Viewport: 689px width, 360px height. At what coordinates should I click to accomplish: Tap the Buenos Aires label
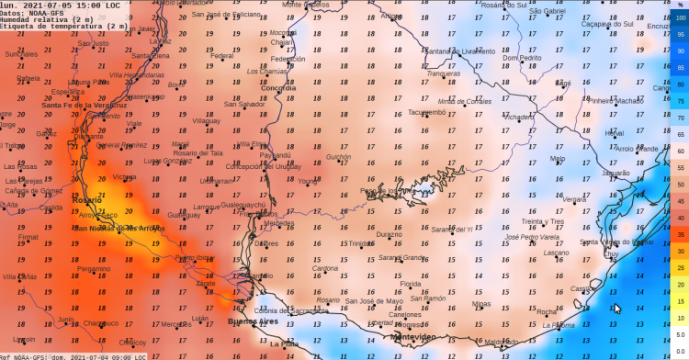[x=253, y=322]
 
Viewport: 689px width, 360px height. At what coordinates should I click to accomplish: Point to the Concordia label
[x=266, y=87]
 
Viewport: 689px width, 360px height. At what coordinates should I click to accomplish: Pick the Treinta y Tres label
[x=542, y=221]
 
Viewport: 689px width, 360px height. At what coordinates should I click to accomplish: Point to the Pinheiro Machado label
[x=616, y=101]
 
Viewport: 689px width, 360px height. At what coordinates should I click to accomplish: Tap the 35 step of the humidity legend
[x=681, y=234]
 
